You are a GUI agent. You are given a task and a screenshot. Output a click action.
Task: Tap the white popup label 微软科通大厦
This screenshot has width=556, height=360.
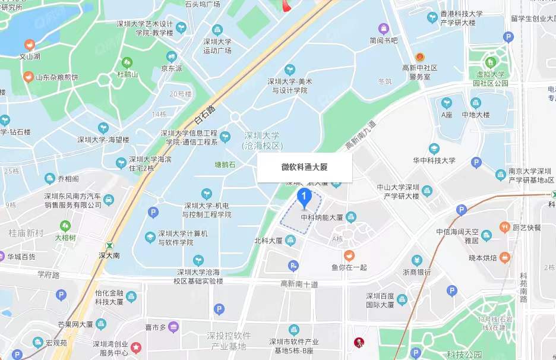(304, 168)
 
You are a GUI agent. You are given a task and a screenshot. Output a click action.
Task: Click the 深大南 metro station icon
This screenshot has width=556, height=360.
(109, 245)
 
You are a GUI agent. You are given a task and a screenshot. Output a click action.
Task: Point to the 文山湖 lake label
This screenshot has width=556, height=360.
(30, 57)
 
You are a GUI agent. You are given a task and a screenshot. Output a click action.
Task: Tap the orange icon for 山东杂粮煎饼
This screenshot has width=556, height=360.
(28, 77)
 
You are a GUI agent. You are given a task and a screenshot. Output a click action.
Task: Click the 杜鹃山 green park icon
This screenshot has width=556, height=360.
(127, 62)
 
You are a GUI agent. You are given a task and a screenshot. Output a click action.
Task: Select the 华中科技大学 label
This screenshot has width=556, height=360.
(434, 160)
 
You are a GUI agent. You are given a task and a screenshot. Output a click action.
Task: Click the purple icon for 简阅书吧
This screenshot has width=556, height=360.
(384, 29)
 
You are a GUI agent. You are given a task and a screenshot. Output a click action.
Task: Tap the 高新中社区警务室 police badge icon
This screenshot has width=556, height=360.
(420, 56)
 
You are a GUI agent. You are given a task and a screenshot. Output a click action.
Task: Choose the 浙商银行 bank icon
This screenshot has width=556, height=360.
(416, 260)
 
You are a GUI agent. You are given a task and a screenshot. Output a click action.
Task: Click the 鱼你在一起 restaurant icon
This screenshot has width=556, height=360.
(349, 255)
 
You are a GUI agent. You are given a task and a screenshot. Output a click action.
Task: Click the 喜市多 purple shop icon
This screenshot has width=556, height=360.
(173, 326)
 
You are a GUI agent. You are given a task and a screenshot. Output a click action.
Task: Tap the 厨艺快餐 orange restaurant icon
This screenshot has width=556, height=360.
(504, 227)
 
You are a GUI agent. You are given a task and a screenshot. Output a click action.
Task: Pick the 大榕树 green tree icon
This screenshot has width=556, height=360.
(65, 226)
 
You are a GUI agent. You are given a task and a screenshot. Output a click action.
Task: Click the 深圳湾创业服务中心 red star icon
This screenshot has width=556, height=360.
(136, 346)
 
